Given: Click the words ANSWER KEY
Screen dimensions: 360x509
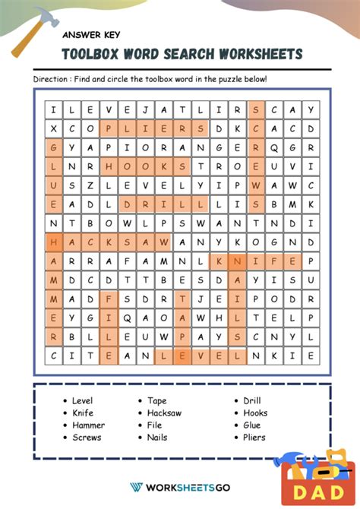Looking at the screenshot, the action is tap(91, 34).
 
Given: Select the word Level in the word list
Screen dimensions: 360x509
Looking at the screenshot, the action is tap(82, 400).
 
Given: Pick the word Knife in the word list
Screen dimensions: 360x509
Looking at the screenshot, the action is tap(82, 413).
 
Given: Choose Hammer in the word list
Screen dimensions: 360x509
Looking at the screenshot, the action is tap(88, 425).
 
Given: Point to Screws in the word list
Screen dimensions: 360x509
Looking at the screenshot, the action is tap(87, 438).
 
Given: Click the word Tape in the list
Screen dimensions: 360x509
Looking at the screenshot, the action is tap(157, 400).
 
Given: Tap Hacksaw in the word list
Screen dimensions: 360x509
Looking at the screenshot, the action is tap(164, 413).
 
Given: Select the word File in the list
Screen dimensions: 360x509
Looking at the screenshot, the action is tap(156, 425).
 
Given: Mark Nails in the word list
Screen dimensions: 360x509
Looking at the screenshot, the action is tap(157, 438).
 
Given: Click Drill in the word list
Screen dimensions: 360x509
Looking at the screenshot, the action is tap(251, 400).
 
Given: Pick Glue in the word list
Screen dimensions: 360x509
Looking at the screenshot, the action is tap(251, 425).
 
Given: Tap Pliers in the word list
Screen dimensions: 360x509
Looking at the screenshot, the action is tap(254, 438).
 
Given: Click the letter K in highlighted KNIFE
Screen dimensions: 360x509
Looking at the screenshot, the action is tap(220, 261).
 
